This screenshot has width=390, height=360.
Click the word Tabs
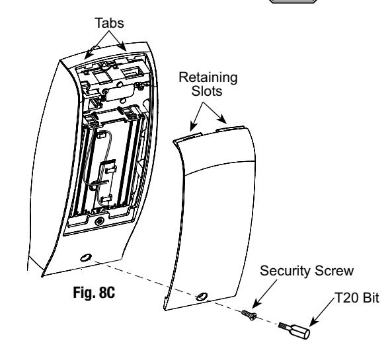point(110,23)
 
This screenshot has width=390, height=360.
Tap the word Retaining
point(208,77)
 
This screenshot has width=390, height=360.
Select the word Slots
point(207,90)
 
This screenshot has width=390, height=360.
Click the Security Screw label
point(307,271)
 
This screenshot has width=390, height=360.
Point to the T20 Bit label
point(357,297)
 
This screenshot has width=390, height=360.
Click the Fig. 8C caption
point(94,293)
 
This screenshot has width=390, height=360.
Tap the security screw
point(249,314)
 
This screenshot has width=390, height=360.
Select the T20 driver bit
point(295,330)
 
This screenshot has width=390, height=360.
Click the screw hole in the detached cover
point(202,297)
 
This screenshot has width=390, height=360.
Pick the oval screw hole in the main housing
point(86,258)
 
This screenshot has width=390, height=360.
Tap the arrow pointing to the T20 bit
point(323,312)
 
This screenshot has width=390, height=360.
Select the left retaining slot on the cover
point(187,137)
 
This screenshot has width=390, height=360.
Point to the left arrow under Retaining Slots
point(196,117)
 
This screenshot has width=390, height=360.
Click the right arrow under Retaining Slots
point(215,113)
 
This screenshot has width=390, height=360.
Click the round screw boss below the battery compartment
point(100,221)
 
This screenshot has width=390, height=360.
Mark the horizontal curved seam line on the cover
point(220,165)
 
